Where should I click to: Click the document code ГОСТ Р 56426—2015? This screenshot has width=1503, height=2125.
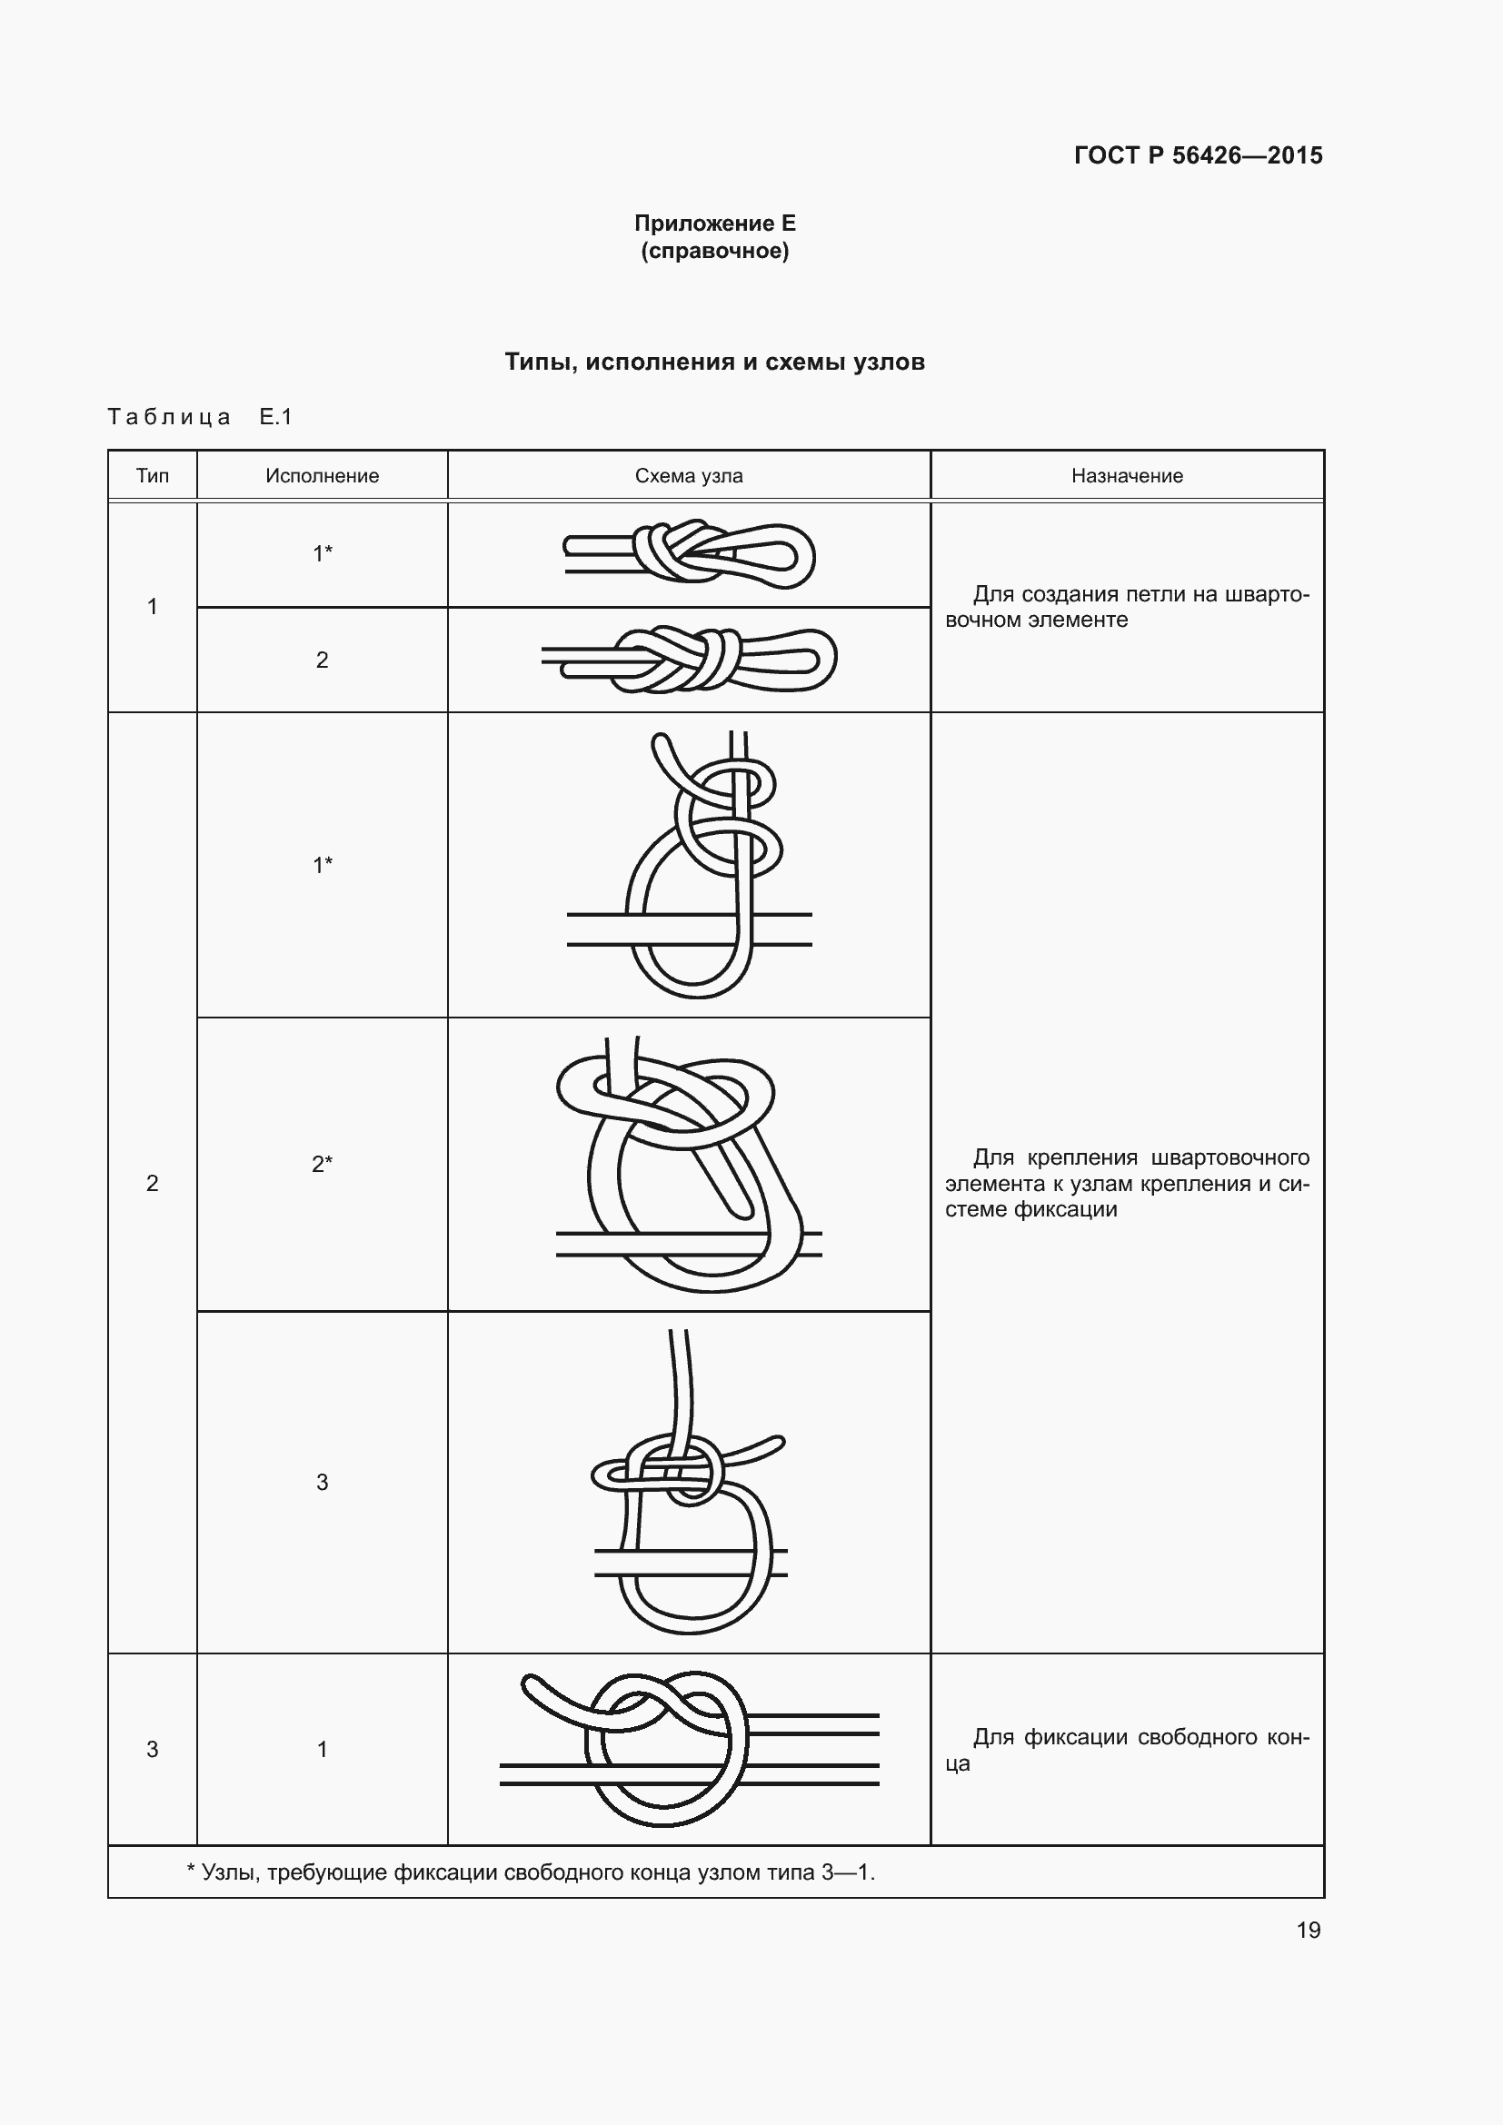pyautogui.click(x=1198, y=155)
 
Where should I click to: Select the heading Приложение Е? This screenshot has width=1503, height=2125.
pyautogui.click(x=714, y=223)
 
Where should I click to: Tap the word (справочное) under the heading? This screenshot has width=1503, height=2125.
pyautogui.click(x=714, y=251)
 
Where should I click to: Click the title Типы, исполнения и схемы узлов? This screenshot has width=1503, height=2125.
pyautogui.click(x=714, y=362)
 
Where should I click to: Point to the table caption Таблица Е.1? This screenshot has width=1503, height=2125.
pyautogui.click(x=200, y=416)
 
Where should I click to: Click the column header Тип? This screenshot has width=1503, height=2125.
pyautogui.click(x=153, y=476)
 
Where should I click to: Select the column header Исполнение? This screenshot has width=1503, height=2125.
pyautogui.click(x=322, y=476)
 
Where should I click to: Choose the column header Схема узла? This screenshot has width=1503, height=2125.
pyautogui.click(x=689, y=476)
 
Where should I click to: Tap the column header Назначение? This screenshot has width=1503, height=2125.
pyautogui.click(x=1127, y=476)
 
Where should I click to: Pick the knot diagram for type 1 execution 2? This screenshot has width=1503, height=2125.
pyautogui.click(x=690, y=659)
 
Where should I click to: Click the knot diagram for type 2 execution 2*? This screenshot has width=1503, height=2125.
pyautogui.click(x=690, y=1165)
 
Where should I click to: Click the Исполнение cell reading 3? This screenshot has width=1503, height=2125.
pyautogui.click(x=322, y=1482)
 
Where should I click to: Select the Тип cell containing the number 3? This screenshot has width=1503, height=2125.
pyautogui.click(x=153, y=1749)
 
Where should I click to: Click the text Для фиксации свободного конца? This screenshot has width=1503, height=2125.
pyautogui.click(x=1127, y=1749)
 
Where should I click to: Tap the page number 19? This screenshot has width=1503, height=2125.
pyautogui.click(x=1308, y=1930)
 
